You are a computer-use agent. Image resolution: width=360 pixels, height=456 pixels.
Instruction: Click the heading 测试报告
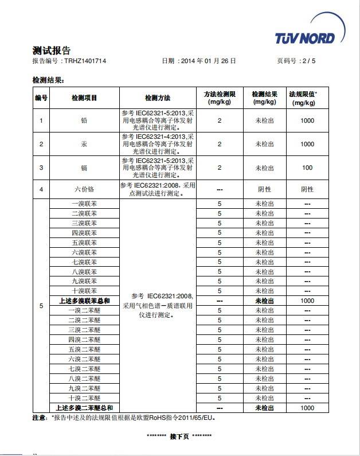[x=51, y=50]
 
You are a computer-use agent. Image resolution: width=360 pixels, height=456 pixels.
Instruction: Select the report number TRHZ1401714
[x=85, y=60]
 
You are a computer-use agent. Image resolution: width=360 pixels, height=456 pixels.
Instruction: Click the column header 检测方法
[x=158, y=98]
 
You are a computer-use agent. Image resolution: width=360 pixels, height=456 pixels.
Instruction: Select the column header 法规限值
[x=303, y=93]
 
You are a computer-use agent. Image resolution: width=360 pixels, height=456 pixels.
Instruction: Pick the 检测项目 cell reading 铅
[x=84, y=120]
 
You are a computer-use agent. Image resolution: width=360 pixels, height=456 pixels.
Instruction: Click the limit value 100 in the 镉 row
[x=307, y=168]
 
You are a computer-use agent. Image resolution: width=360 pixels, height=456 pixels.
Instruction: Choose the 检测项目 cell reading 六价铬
[x=84, y=189]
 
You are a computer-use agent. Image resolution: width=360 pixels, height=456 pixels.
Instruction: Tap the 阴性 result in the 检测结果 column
[x=264, y=189]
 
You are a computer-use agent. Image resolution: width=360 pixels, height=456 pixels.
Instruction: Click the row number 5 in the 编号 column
[x=41, y=306]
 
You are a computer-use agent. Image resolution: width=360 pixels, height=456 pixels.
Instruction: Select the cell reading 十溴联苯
[x=84, y=291]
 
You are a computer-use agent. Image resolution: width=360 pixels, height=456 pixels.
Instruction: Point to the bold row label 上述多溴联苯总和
[x=84, y=301]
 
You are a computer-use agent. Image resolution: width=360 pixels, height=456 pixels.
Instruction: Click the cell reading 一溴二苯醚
[x=84, y=310]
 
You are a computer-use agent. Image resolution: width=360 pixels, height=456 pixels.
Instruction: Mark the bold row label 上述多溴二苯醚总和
[x=84, y=408]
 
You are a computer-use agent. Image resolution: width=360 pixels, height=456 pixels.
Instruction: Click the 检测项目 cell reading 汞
[x=84, y=144]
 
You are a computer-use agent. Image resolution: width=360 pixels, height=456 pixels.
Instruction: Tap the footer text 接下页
[x=179, y=436]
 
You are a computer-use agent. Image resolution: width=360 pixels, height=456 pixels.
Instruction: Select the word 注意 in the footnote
[x=39, y=418]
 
